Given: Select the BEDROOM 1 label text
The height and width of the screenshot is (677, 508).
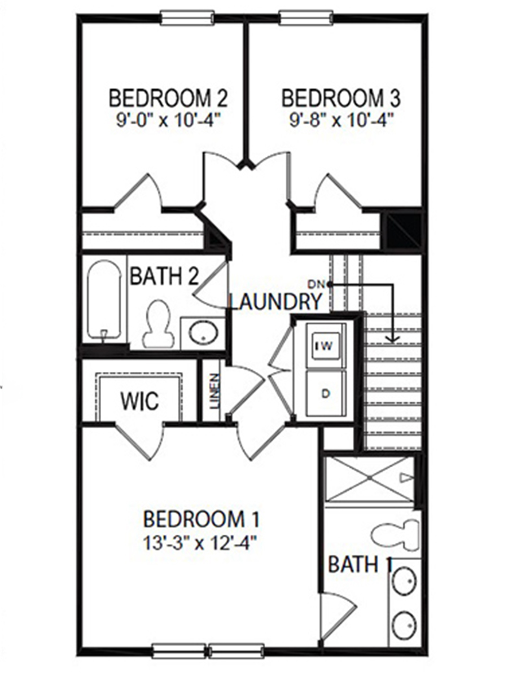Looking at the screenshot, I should (x=201, y=519).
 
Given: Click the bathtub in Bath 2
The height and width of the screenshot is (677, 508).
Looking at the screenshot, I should (x=104, y=299).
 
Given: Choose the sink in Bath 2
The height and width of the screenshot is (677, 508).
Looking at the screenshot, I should (x=202, y=333).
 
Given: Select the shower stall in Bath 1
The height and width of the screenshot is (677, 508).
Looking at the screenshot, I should (x=370, y=479).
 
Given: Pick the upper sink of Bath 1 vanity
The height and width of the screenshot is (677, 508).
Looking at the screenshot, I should (x=404, y=581).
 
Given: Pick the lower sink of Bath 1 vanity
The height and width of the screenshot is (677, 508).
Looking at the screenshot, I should (x=404, y=625).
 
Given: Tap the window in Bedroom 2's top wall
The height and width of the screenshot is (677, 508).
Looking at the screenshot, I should (x=187, y=17).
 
